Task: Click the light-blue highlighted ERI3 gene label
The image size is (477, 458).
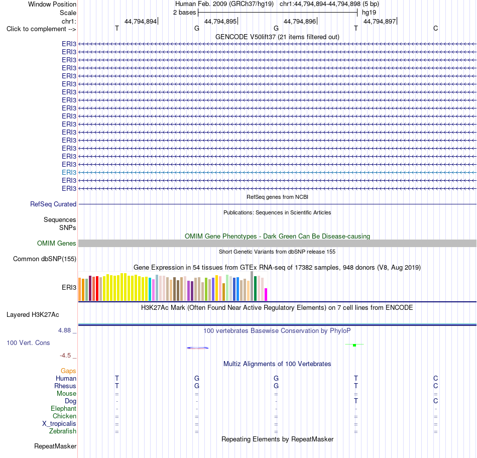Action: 69,173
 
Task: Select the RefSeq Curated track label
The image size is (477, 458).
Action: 53,204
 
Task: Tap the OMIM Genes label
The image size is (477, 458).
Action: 57,243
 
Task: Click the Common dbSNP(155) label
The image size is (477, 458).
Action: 45,259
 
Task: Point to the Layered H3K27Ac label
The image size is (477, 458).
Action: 33,315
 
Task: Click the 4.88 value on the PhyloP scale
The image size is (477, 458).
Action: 64,330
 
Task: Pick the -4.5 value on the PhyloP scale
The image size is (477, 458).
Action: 65,356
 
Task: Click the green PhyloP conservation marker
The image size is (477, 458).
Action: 354,345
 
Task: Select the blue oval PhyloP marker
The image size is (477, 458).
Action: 197,348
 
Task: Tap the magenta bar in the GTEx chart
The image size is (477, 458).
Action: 266,294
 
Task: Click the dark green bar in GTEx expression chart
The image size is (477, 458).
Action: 255,288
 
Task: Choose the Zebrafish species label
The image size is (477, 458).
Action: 63,431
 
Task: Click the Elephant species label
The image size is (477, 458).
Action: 64,409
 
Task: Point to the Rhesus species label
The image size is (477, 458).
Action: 65,386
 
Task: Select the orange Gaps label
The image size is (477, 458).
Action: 68,371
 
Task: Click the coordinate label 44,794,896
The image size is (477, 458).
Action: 300,21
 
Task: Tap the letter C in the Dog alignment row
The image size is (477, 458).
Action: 436,401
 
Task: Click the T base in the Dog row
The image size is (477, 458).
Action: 356,401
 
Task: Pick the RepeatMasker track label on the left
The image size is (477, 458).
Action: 55,446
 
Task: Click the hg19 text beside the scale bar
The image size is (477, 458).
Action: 369,13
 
